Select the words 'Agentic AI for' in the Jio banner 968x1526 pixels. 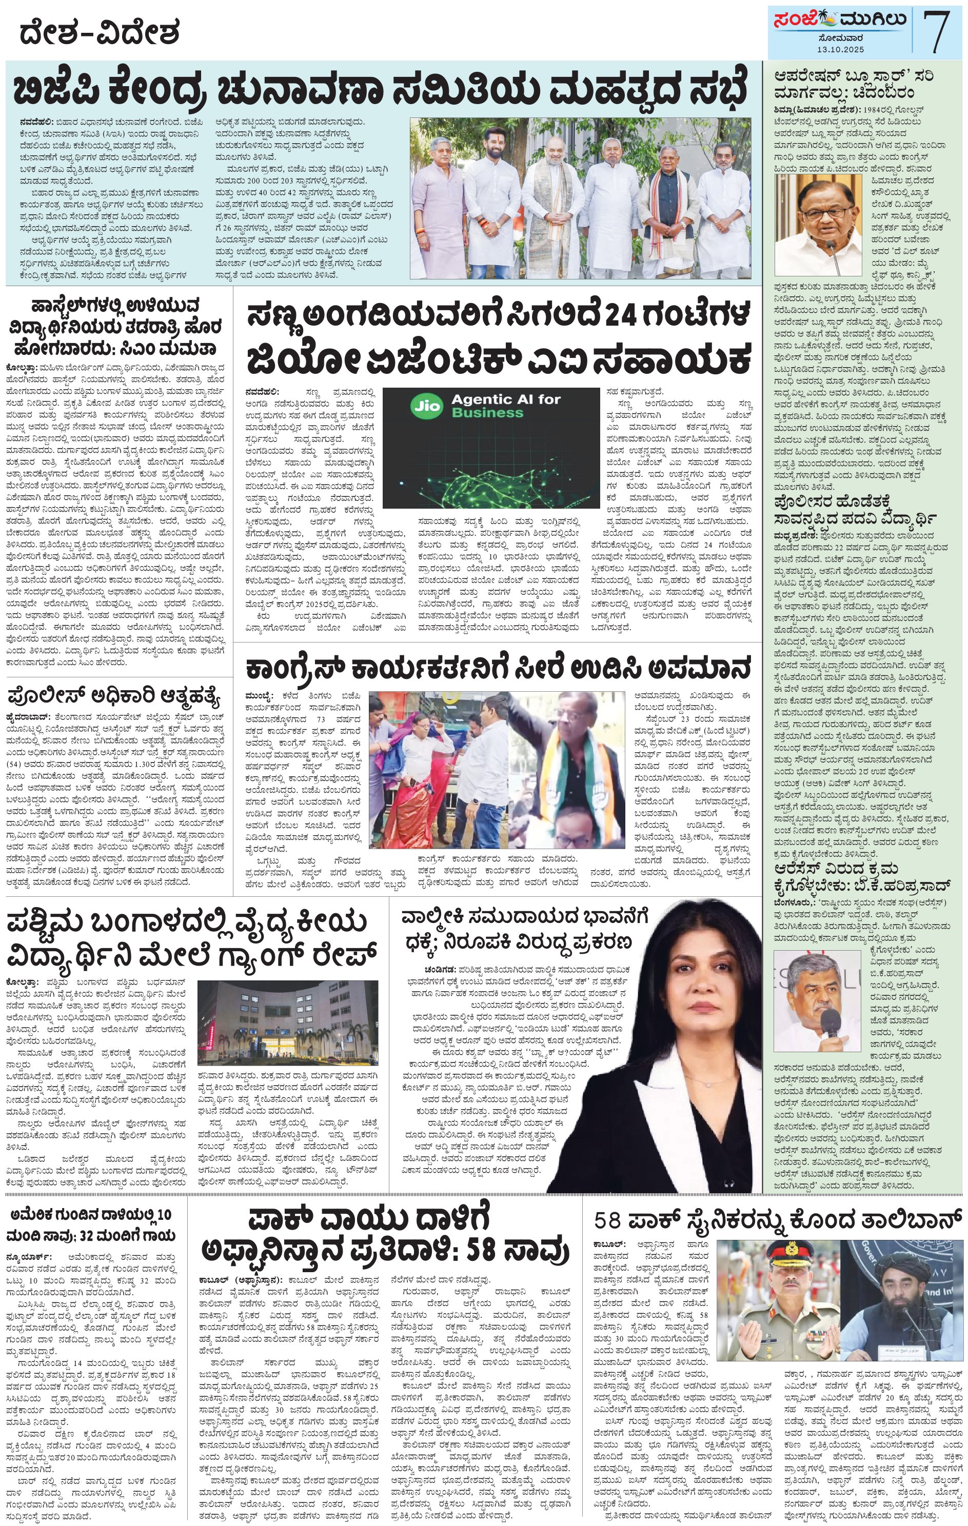506,399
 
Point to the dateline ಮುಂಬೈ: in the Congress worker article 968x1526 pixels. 259,696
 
